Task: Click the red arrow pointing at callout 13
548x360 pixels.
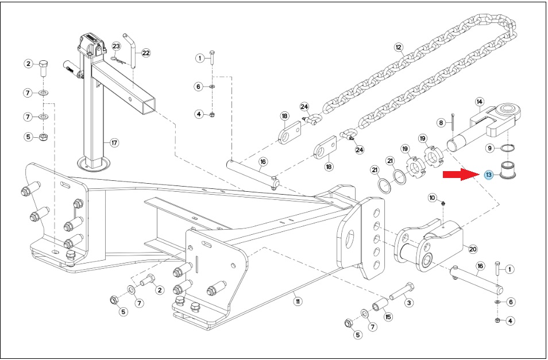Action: (461, 174)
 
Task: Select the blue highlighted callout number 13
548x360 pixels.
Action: (489, 175)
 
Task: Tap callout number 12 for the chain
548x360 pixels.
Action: (398, 47)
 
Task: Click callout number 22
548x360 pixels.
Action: (146, 53)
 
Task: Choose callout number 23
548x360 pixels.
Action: (116, 46)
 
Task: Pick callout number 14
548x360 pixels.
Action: (480, 102)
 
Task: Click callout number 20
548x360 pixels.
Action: (473, 249)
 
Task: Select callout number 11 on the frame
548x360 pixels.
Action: (297, 301)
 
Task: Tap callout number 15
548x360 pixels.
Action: (388, 317)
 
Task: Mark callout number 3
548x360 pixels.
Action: (409, 303)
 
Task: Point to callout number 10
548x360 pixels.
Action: (433, 198)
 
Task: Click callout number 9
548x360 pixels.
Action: (490, 148)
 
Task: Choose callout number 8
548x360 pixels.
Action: (441, 122)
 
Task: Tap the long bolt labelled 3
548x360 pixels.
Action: (402, 292)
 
